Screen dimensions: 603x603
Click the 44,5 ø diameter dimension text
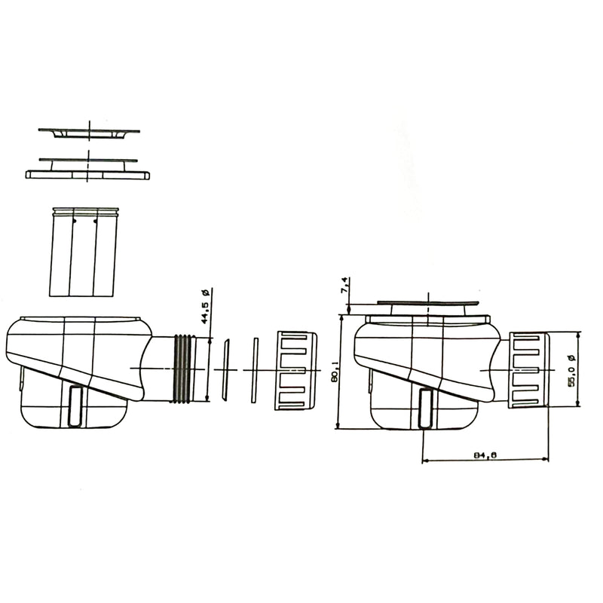(x=204, y=306)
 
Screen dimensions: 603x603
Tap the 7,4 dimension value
(x=344, y=286)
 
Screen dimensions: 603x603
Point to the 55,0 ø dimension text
(x=572, y=370)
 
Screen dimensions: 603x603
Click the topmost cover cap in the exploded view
(x=89, y=132)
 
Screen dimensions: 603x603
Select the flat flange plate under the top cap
(x=87, y=174)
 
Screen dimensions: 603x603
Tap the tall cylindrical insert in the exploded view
(x=83, y=253)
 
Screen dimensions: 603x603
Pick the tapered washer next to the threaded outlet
(x=225, y=369)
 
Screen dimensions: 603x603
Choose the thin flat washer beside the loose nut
(x=255, y=369)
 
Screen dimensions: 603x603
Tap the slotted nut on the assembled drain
(x=529, y=370)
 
